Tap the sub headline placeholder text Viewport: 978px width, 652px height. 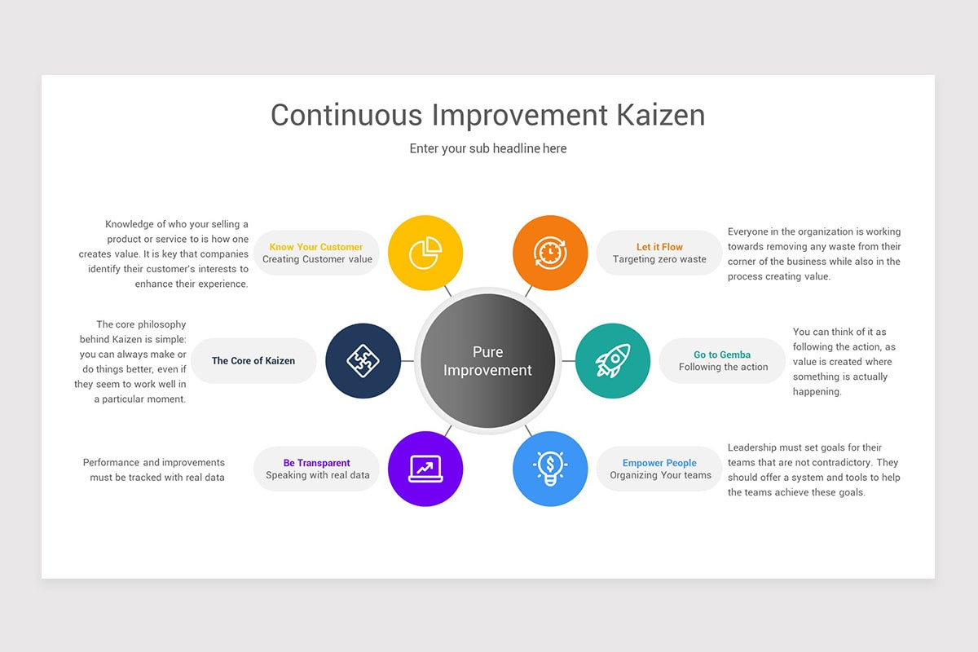[x=487, y=148]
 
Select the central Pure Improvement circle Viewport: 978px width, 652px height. [x=487, y=361]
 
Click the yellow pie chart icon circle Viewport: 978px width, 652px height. [x=425, y=253]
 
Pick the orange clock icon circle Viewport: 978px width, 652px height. [x=550, y=253]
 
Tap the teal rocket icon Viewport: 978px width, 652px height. [x=612, y=361]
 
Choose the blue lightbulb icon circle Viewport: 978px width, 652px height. [x=550, y=469]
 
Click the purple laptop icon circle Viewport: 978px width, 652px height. [x=425, y=469]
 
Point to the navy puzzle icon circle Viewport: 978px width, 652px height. [x=363, y=361]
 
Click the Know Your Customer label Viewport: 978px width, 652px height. [x=316, y=247]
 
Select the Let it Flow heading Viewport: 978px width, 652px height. [x=659, y=247]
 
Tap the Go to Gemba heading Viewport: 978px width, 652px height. [x=722, y=355]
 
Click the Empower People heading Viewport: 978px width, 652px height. [x=659, y=463]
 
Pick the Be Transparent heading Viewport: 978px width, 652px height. [x=317, y=463]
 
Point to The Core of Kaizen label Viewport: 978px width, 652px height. [x=253, y=361]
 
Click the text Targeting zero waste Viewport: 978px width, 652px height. [x=659, y=260]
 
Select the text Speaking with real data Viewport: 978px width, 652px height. [x=317, y=475]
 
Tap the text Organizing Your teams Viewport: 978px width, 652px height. [x=660, y=475]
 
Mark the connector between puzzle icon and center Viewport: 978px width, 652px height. [x=408, y=361]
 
